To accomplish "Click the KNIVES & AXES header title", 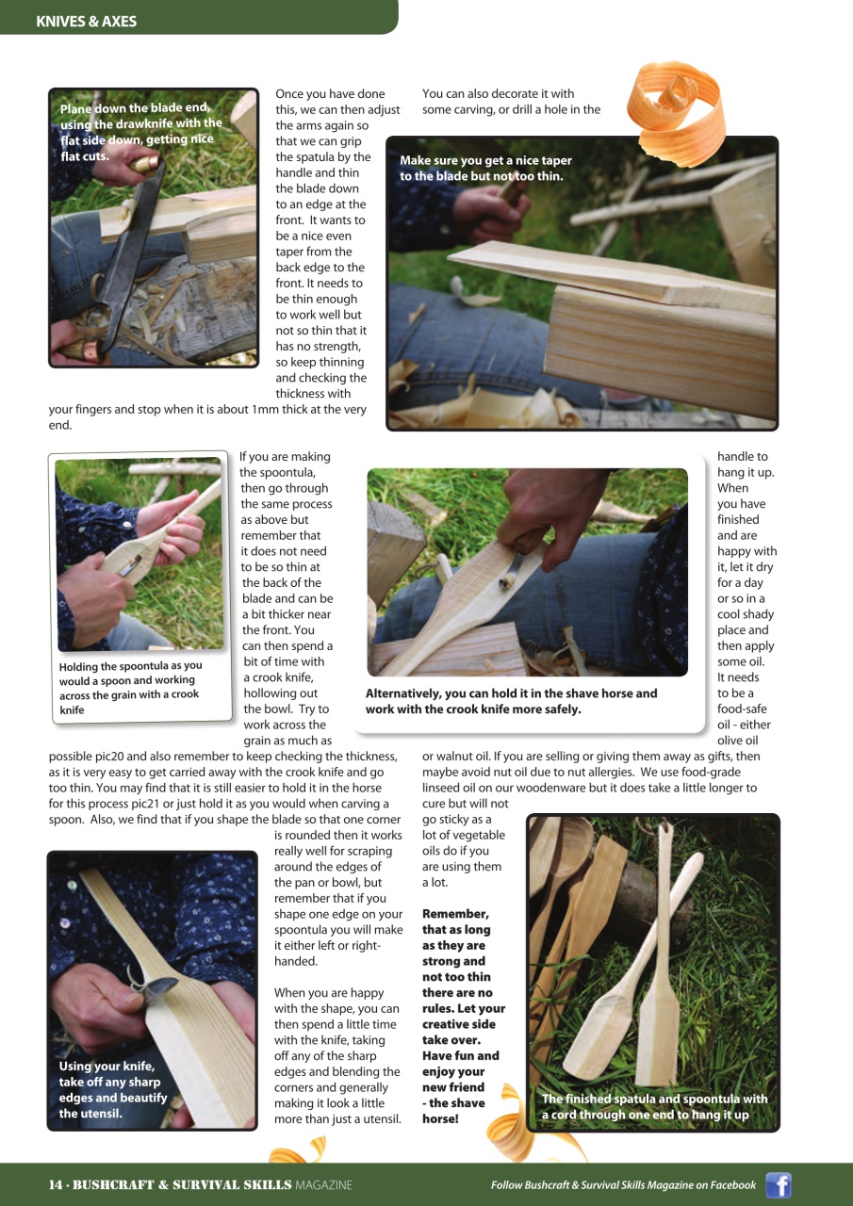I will click(86, 21).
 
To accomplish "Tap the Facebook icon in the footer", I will click(778, 1184).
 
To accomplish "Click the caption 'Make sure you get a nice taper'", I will click(485, 168).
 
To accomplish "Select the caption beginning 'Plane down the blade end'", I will click(141, 132).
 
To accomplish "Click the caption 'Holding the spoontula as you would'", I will click(130, 687).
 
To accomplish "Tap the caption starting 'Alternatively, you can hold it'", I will click(511, 701).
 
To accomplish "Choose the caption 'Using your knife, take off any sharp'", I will click(112, 1089).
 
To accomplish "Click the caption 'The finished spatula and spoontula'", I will click(654, 1106).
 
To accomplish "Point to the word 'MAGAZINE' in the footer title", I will click(323, 1184).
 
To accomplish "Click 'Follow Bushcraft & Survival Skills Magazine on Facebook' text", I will click(623, 1184).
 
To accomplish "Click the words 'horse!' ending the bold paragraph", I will click(439, 1118).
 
